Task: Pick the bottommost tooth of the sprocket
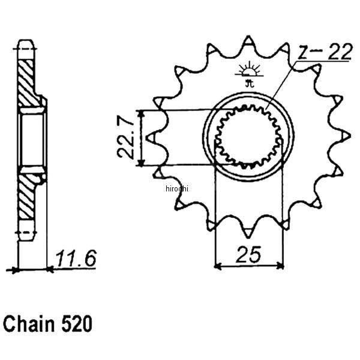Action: click(248, 230)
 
